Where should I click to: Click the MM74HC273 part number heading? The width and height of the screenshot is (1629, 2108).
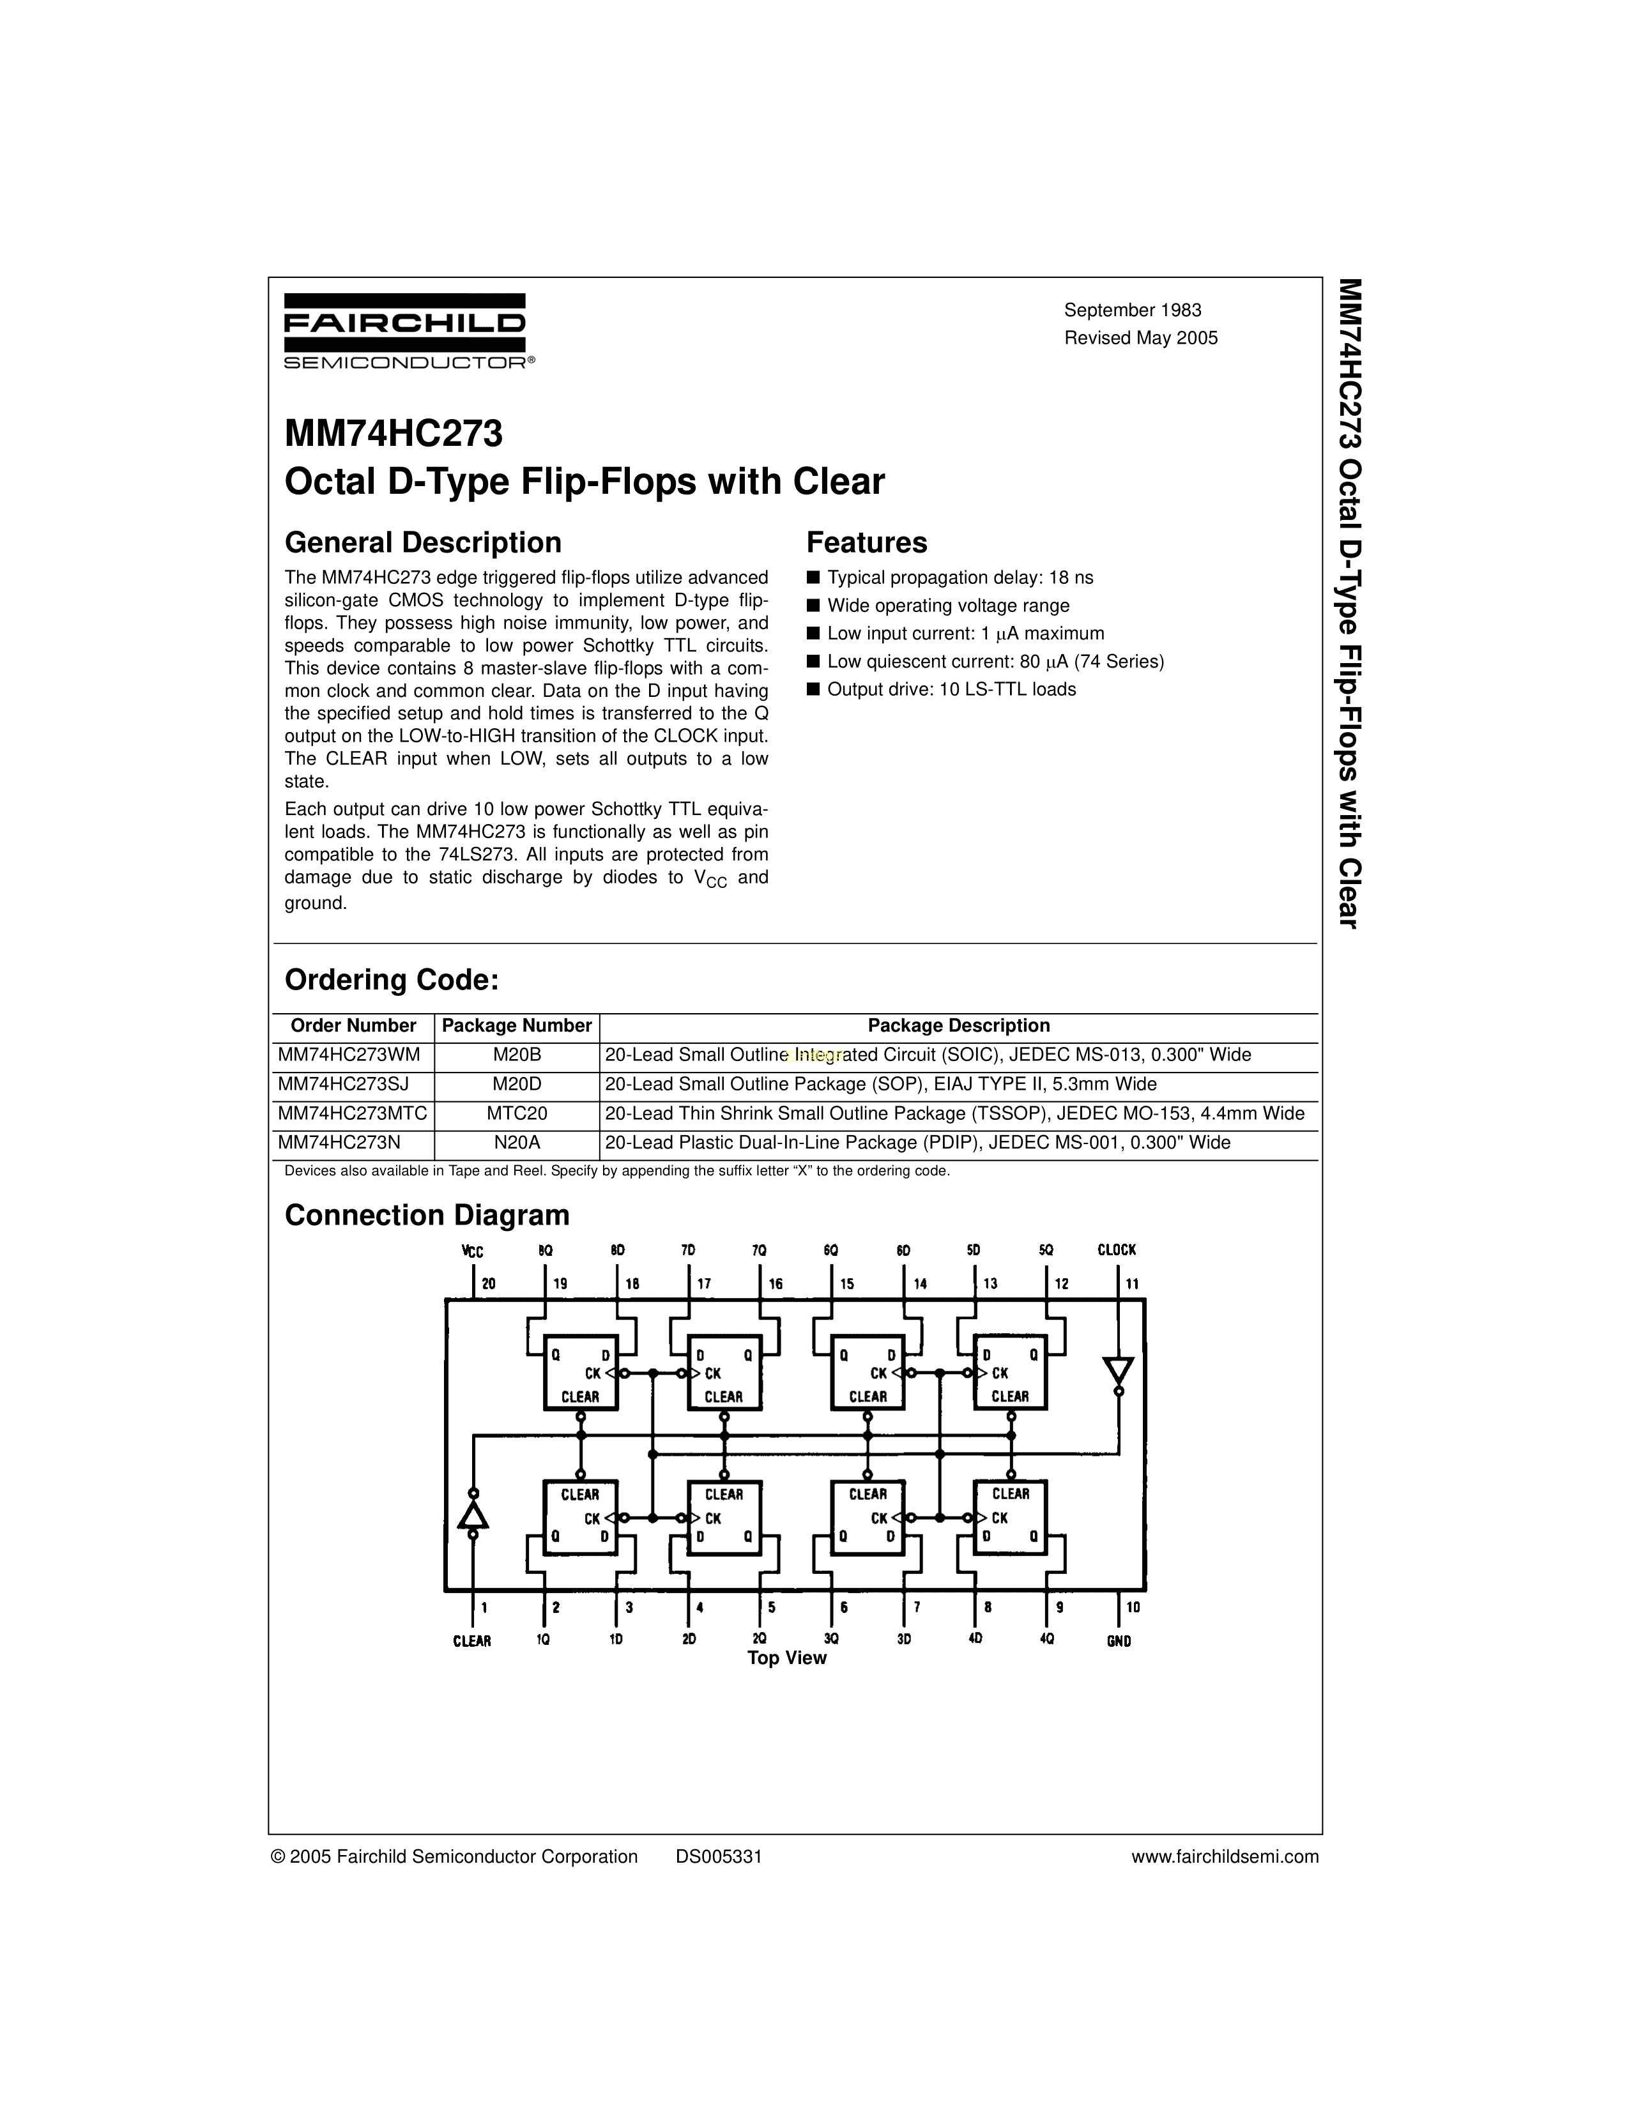394,434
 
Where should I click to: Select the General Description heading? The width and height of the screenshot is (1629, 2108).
423,542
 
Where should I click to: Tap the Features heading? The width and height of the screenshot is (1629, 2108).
867,542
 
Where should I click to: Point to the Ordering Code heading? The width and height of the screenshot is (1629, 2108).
392,980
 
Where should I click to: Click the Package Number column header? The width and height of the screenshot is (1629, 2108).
516,1025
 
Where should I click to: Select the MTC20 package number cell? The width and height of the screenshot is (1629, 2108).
516,1113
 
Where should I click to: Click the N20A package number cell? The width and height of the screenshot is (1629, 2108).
516,1143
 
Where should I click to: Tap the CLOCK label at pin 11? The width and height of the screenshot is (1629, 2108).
1117,1249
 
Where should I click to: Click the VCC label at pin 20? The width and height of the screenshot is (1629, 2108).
472,1251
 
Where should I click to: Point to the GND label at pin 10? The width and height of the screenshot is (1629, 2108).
1119,1641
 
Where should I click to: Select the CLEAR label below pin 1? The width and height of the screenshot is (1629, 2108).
472,1641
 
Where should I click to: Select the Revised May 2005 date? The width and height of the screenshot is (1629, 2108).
1141,338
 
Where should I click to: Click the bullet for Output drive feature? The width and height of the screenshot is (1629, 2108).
813,689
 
